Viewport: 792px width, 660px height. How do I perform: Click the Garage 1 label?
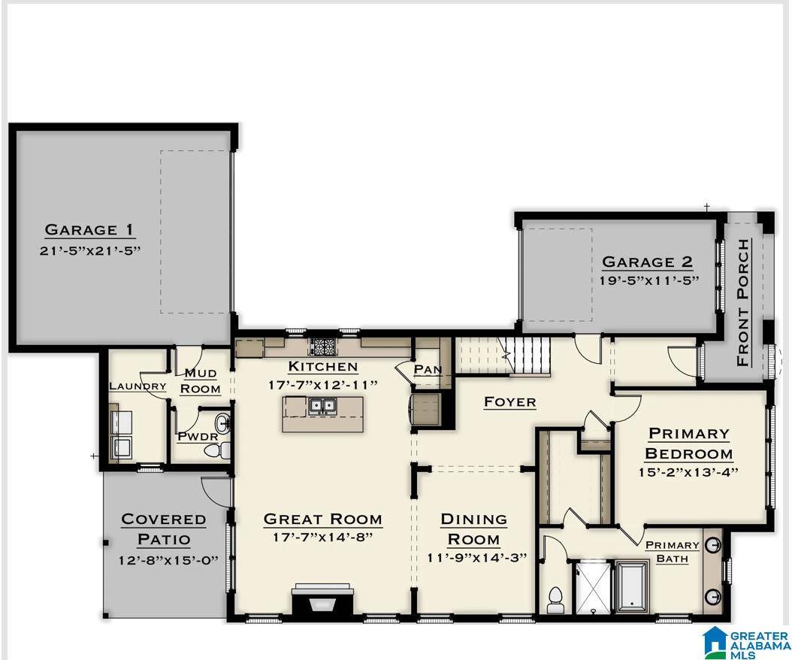[x=90, y=229]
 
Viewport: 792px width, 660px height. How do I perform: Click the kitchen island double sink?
[x=325, y=407]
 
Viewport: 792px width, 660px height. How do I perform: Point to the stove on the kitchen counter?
[x=323, y=347]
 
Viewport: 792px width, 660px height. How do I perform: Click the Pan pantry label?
[x=427, y=370]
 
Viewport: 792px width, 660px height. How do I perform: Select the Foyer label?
[x=509, y=401]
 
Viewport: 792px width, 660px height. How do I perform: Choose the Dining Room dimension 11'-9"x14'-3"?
[x=475, y=557]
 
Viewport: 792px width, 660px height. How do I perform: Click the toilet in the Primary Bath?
[x=556, y=599]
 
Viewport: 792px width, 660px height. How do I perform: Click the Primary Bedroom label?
[x=688, y=444]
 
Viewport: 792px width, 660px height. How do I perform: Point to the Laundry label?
[x=138, y=386]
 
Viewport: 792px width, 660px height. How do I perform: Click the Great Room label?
[x=322, y=519]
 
